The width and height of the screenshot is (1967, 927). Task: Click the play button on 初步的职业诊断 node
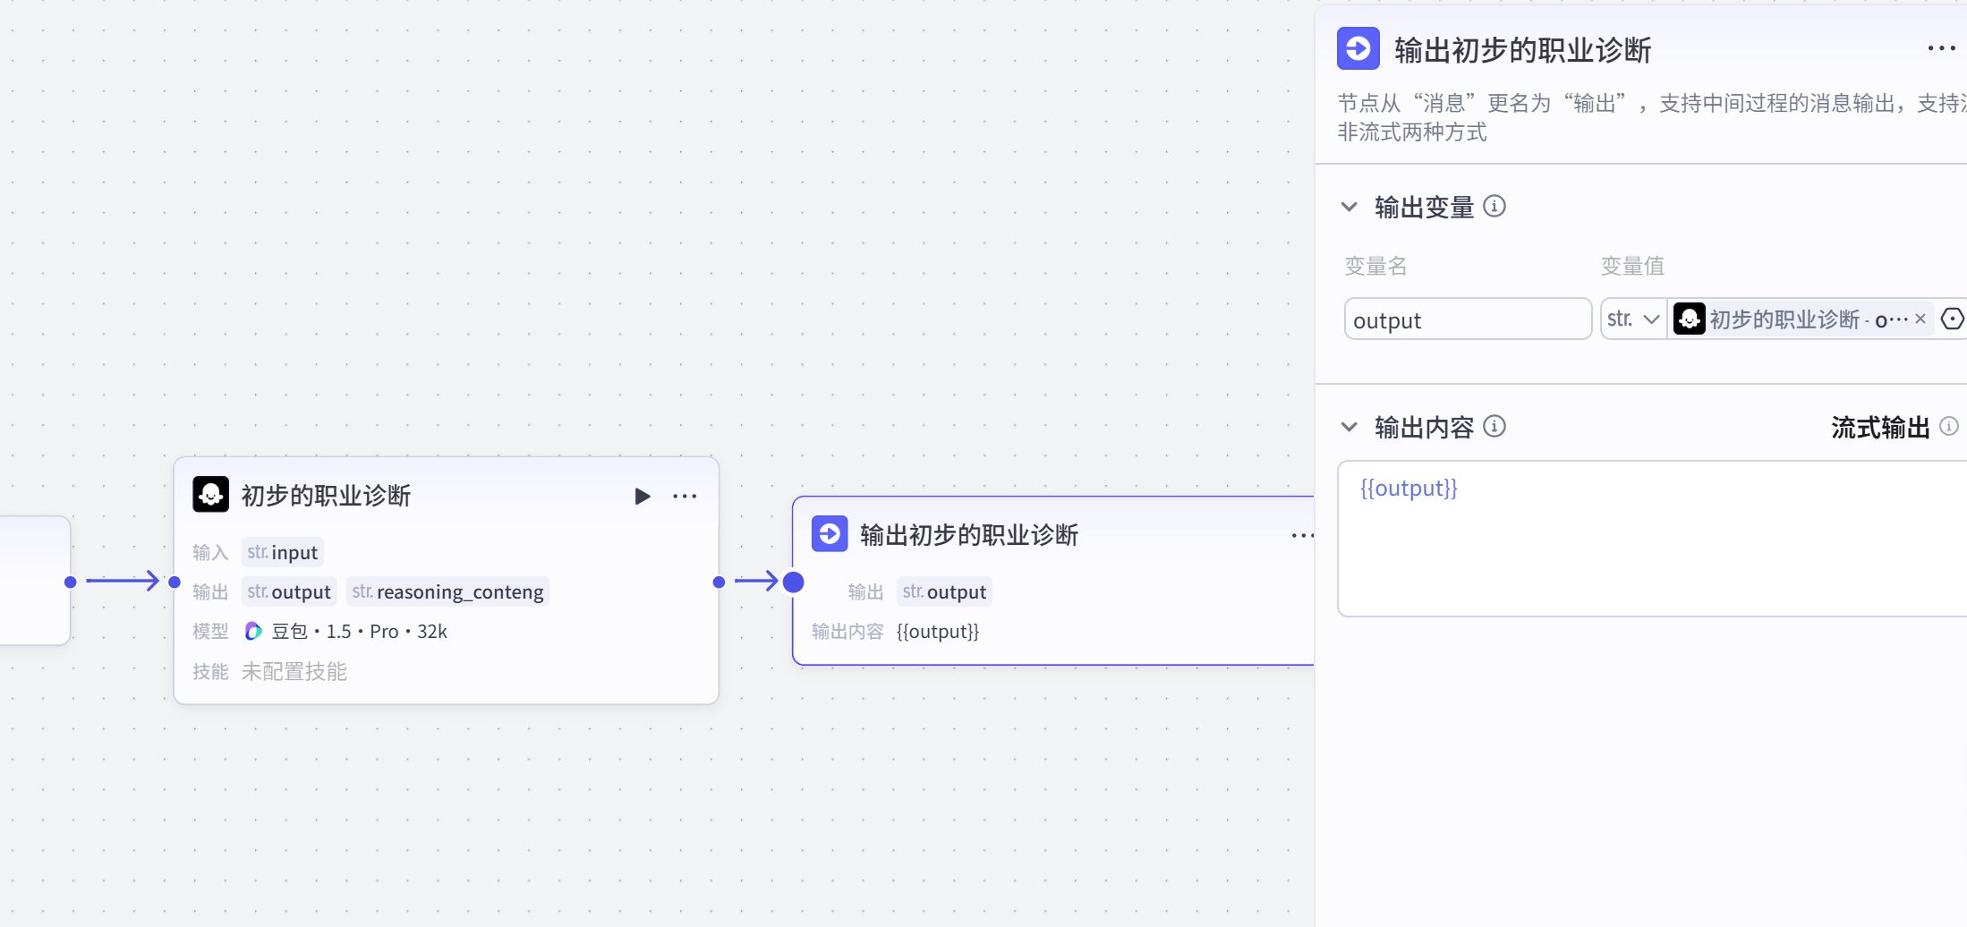click(642, 497)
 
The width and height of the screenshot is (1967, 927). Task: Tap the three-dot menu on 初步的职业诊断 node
click(685, 497)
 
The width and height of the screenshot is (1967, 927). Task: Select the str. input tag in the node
click(282, 553)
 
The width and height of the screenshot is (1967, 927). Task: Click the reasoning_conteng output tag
click(447, 592)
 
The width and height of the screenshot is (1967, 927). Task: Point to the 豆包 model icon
click(253, 632)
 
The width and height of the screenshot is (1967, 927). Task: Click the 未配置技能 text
click(294, 672)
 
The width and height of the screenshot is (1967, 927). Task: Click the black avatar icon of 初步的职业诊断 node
click(211, 495)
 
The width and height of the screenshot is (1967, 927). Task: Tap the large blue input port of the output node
click(794, 583)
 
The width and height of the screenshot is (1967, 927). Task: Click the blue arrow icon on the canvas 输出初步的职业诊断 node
click(830, 534)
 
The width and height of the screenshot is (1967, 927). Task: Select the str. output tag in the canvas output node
click(944, 592)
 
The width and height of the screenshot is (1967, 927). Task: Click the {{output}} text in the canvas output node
click(938, 632)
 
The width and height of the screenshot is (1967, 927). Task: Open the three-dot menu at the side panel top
click(1941, 48)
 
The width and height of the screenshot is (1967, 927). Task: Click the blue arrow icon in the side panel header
click(1358, 48)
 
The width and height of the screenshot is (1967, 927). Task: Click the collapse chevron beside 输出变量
click(1350, 207)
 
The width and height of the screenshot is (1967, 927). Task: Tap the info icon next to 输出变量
click(1494, 207)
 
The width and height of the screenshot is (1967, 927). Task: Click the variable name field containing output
click(1468, 319)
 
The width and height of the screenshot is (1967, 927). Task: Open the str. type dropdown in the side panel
click(1633, 319)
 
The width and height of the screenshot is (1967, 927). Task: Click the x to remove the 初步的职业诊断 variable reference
click(1920, 319)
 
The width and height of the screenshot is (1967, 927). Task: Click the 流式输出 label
click(1879, 428)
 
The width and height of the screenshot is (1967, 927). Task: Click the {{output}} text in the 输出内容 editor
click(1409, 489)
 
